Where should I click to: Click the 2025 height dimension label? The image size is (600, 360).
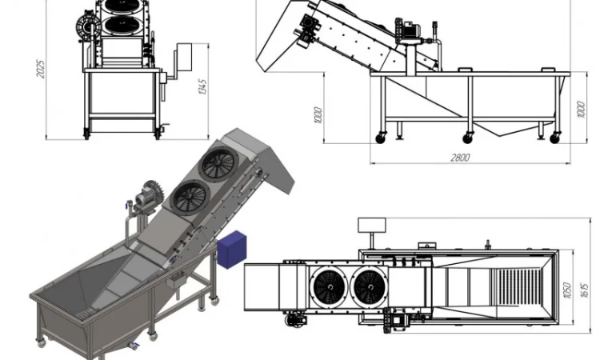[40, 69]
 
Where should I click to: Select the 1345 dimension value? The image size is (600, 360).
[202, 87]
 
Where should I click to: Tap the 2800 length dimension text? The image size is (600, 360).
[460, 158]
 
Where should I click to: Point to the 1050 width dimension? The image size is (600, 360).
[567, 290]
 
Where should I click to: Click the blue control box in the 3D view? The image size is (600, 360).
[232, 250]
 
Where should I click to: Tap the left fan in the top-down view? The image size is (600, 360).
[330, 287]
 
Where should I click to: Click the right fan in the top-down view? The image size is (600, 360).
[370, 287]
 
